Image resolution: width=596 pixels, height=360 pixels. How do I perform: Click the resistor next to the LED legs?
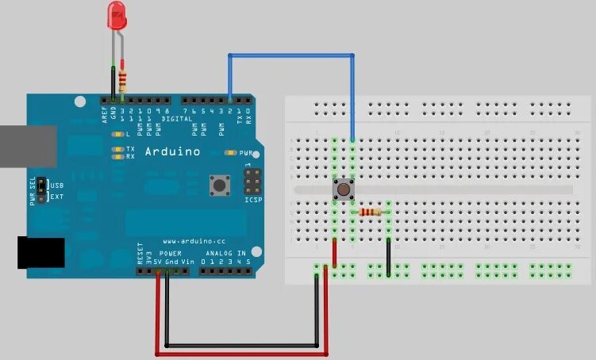(x=122, y=79)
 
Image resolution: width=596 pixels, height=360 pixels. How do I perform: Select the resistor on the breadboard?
(x=371, y=212)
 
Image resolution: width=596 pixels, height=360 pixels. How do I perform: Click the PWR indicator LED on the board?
(x=233, y=151)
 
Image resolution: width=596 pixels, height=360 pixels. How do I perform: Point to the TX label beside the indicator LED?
(x=130, y=148)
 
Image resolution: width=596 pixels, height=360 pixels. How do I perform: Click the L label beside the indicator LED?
(x=129, y=135)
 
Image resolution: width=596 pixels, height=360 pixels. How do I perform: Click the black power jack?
(x=40, y=253)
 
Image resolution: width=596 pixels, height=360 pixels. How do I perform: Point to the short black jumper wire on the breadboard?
(x=388, y=255)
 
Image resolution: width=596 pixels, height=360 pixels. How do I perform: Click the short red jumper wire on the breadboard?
(x=334, y=252)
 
